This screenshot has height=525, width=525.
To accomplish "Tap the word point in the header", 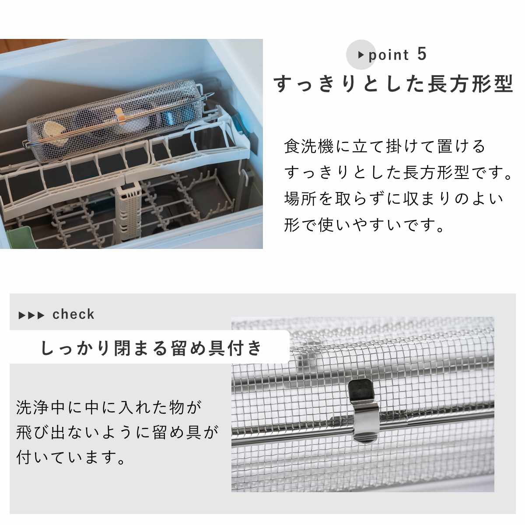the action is (388, 55).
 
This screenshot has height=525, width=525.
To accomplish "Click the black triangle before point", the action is (361, 55).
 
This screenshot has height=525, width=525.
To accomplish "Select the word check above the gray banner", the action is (73, 315).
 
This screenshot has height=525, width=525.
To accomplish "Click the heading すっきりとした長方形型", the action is (393, 84).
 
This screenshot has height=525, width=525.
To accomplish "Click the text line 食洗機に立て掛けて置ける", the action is (385, 146).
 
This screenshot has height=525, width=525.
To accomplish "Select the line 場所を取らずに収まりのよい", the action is (393, 199).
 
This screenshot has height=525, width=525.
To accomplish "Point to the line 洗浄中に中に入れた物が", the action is (109, 408).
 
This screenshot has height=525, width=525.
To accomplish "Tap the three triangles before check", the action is (31, 315).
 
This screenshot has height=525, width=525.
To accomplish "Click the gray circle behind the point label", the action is (361, 55).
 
